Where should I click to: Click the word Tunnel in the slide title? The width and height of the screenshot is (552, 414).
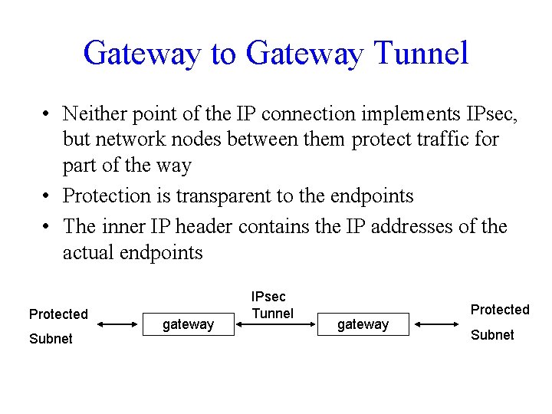click(422, 53)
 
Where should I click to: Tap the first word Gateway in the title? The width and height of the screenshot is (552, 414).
click(142, 53)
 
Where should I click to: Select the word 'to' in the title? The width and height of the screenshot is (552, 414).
click(223, 53)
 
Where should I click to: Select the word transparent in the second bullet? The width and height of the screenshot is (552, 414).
click(225, 195)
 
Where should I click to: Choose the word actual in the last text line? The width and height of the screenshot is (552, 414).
click(88, 252)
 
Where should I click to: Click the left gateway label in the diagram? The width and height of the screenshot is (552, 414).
click(188, 324)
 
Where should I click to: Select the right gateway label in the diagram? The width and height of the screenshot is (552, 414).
click(363, 324)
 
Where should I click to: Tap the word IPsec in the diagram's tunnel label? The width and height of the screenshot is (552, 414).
click(269, 297)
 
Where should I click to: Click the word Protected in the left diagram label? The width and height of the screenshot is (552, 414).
click(58, 314)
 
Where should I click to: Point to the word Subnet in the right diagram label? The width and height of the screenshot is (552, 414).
click(492, 335)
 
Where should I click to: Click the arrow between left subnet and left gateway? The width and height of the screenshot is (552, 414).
click(117, 324)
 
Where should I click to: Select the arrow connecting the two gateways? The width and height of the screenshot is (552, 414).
click(275, 324)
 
